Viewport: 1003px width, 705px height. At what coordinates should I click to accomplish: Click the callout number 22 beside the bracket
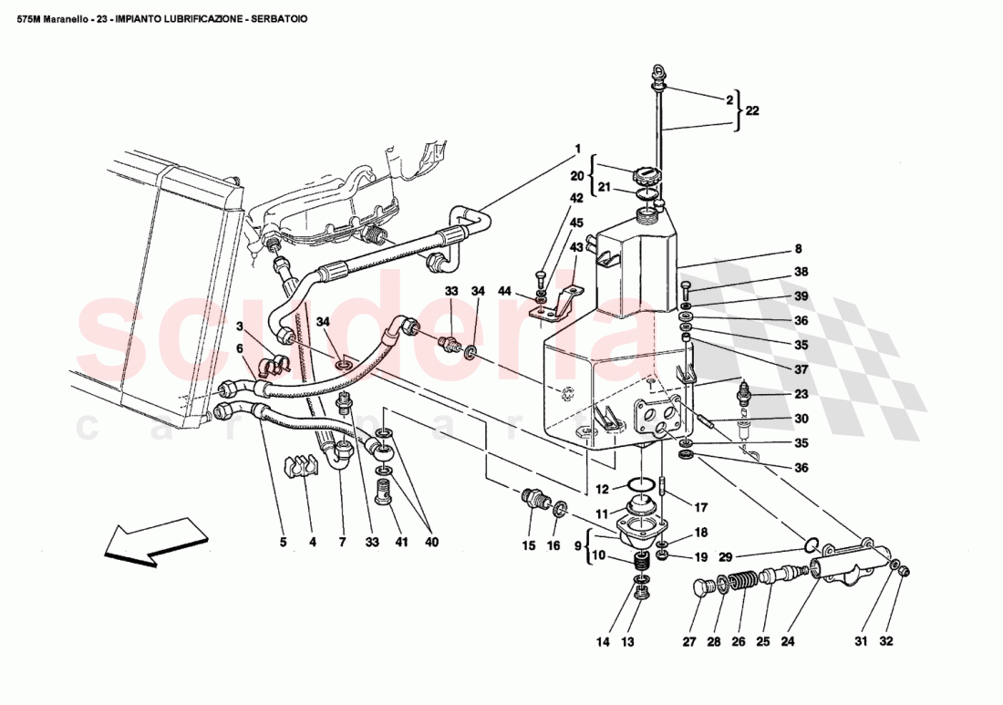tap(752, 110)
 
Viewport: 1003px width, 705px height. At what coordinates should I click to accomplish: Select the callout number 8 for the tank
tap(798, 248)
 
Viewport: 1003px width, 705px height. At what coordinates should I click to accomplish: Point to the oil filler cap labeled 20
tap(645, 174)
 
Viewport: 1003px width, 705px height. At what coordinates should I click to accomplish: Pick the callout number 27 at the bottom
tap(688, 641)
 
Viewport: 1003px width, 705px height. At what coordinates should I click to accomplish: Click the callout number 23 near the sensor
tap(801, 395)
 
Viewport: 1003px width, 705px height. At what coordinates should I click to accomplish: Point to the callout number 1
tap(577, 148)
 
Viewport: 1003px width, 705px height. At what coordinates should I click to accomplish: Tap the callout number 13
tap(627, 641)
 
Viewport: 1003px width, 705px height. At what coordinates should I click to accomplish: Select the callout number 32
tap(886, 641)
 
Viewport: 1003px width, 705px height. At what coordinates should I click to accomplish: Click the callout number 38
tap(801, 272)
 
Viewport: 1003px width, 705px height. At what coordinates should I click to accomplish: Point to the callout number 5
tap(283, 542)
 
